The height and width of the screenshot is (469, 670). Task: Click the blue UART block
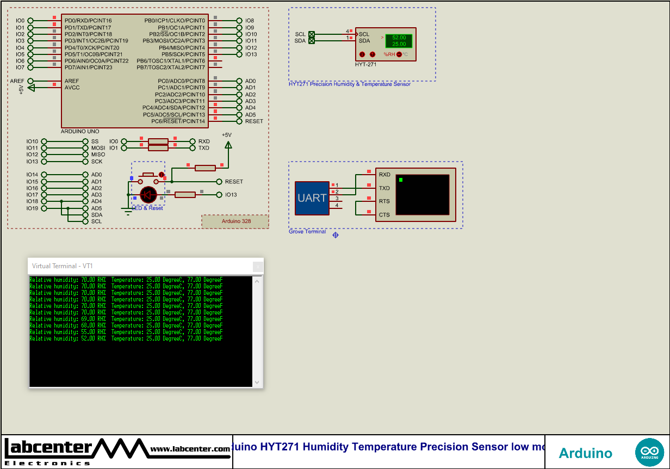pyautogui.click(x=312, y=198)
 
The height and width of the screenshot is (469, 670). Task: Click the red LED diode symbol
pyautogui.click(x=148, y=195)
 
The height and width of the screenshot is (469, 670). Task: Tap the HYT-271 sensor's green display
pyautogui.click(x=399, y=41)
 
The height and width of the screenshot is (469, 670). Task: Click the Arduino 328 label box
pyautogui.click(x=235, y=221)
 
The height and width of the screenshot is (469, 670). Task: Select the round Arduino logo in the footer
pyautogui.click(x=649, y=452)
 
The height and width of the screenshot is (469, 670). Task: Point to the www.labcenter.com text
pyautogui.click(x=190, y=449)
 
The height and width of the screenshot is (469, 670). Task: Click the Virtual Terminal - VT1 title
pyautogui.click(x=63, y=266)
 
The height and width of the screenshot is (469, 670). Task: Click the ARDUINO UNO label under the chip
pyautogui.click(x=80, y=132)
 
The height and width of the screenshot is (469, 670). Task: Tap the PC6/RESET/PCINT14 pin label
pyautogui.click(x=178, y=121)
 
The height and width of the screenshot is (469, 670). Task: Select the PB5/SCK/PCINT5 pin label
pyautogui.click(x=183, y=54)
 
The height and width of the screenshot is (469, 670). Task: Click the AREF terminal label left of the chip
pyautogui.click(x=17, y=81)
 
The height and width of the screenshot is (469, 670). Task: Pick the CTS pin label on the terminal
pyautogui.click(x=384, y=215)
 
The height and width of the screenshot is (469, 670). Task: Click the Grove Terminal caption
pyautogui.click(x=307, y=232)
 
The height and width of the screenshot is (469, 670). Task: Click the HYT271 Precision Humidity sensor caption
pyautogui.click(x=349, y=84)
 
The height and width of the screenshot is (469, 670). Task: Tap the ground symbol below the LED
pyautogui.click(x=128, y=212)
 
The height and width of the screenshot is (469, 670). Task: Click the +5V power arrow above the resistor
pyautogui.click(x=228, y=144)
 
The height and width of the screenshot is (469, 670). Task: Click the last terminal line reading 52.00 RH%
pyautogui.click(x=126, y=338)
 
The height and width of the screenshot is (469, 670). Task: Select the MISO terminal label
pyautogui.click(x=98, y=155)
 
